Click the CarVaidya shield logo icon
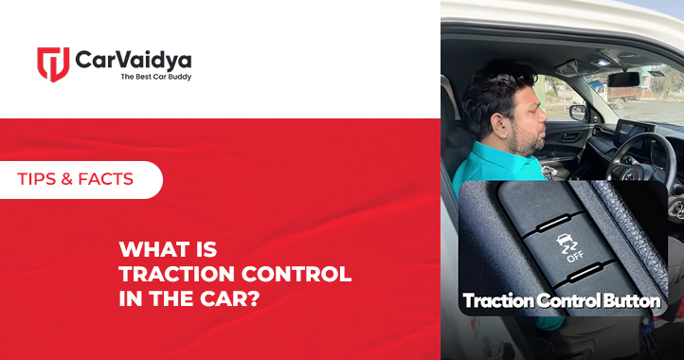tap(53, 63)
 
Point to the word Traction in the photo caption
tap(497, 301)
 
